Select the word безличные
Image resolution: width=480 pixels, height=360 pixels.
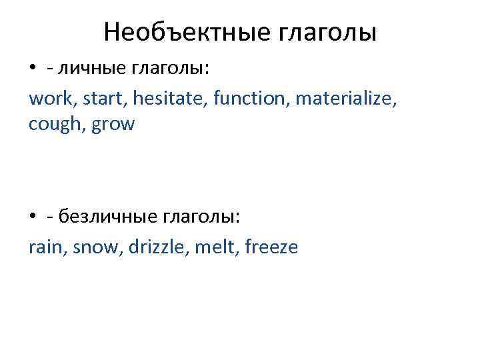(x=106, y=215)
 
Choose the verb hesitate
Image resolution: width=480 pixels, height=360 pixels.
(x=169, y=100)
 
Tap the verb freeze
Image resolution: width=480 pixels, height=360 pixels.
(x=271, y=248)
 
